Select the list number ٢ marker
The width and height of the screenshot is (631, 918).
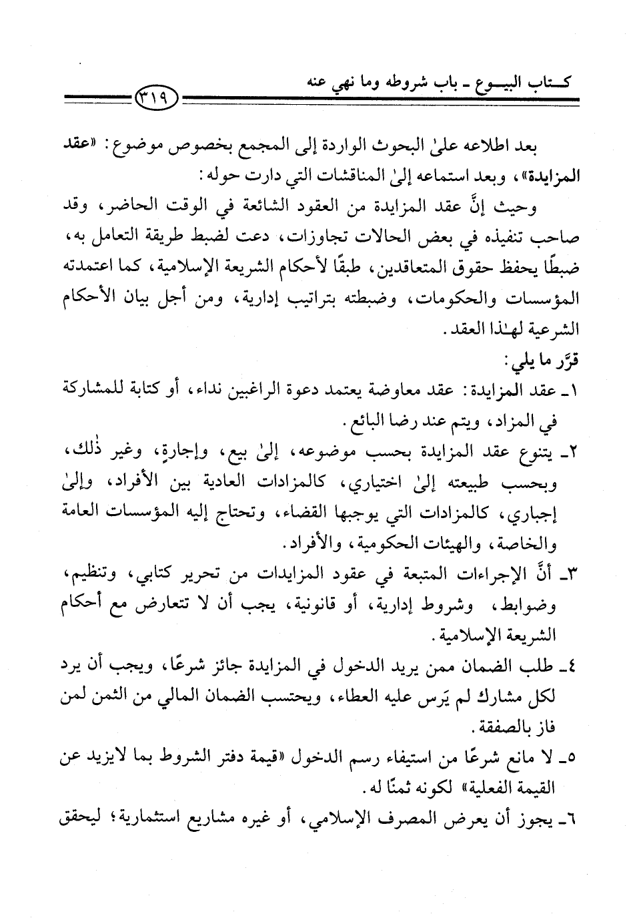point(572,454)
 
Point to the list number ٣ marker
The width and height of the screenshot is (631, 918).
point(572,576)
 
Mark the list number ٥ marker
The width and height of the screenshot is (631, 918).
point(572,759)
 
